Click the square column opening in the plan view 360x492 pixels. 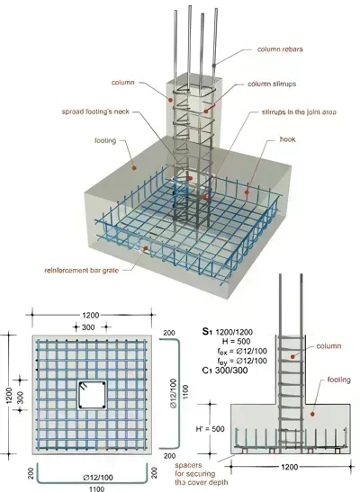(92, 396)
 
